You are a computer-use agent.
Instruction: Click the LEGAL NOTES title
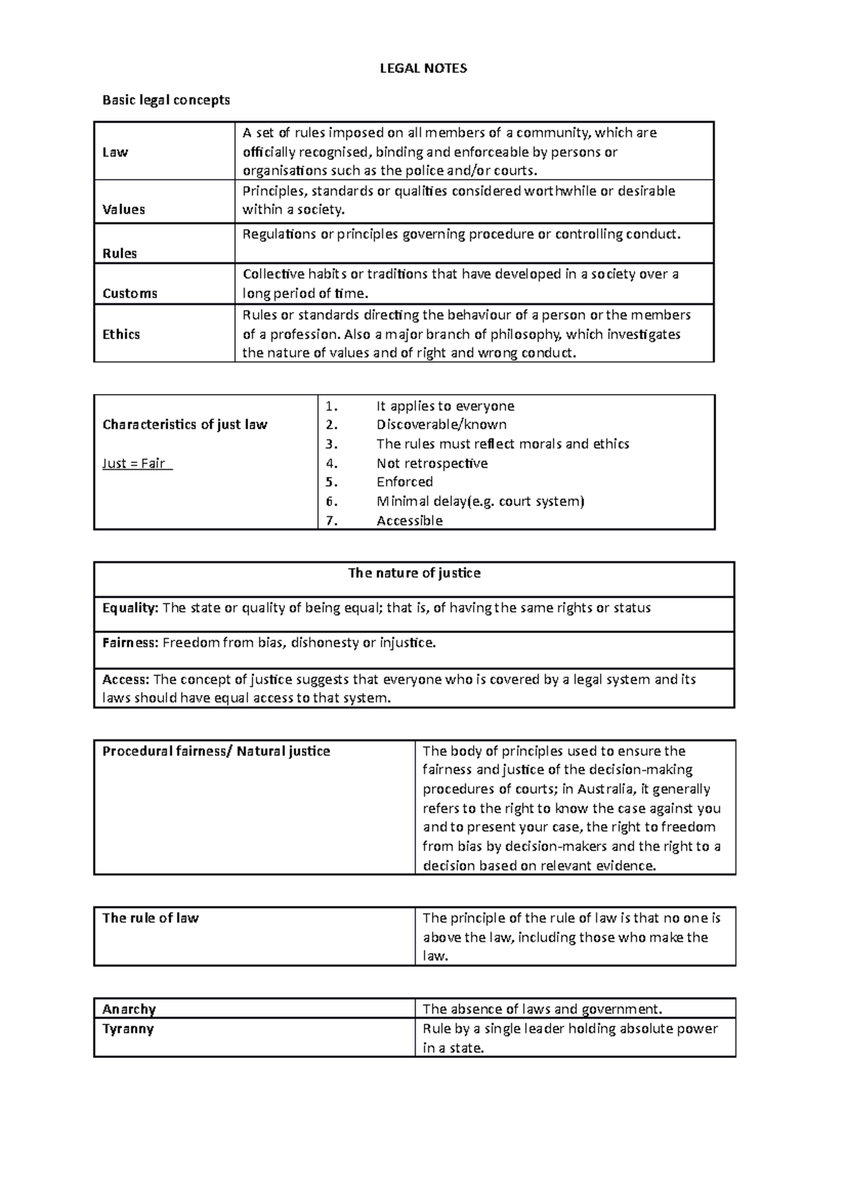pyautogui.click(x=423, y=68)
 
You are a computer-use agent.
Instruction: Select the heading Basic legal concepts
pyautogui.click(x=166, y=100)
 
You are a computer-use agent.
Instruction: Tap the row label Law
pyautogui.click(x=116, y=152)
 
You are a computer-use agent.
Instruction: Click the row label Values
pyautogui.click(x=123, y=209)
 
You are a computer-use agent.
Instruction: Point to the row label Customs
pyautogui.click(x=130, y=293)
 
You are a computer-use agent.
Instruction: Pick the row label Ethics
pyautogui.click(x=121, y=334)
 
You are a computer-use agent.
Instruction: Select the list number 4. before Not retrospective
pyautogui.click(x=332, y=463)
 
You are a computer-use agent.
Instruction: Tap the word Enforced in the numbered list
pyautogui.click(x=405, y=482)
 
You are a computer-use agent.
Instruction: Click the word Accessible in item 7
pyautogui.click(x=410, y=521)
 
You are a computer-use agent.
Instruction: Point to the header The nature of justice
pyautogui.click(x=415, y=573)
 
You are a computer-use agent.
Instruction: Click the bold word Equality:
pyautogui.click(x=130, y=608)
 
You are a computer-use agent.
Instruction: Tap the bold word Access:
pyautogui.click(x=125, y=680)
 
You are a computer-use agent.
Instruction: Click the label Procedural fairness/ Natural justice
pyautogui.click(x=216, y=751)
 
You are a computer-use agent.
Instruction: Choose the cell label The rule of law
pyautogui.click(x=150, y=918)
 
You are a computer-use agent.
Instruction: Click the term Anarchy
pyautogui.click(x=129, y=1009)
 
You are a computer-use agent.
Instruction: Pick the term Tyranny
pyautogui.click(x=128, y=1029)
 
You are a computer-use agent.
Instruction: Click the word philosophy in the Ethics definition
pyautogui.click(x=519, y=334)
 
